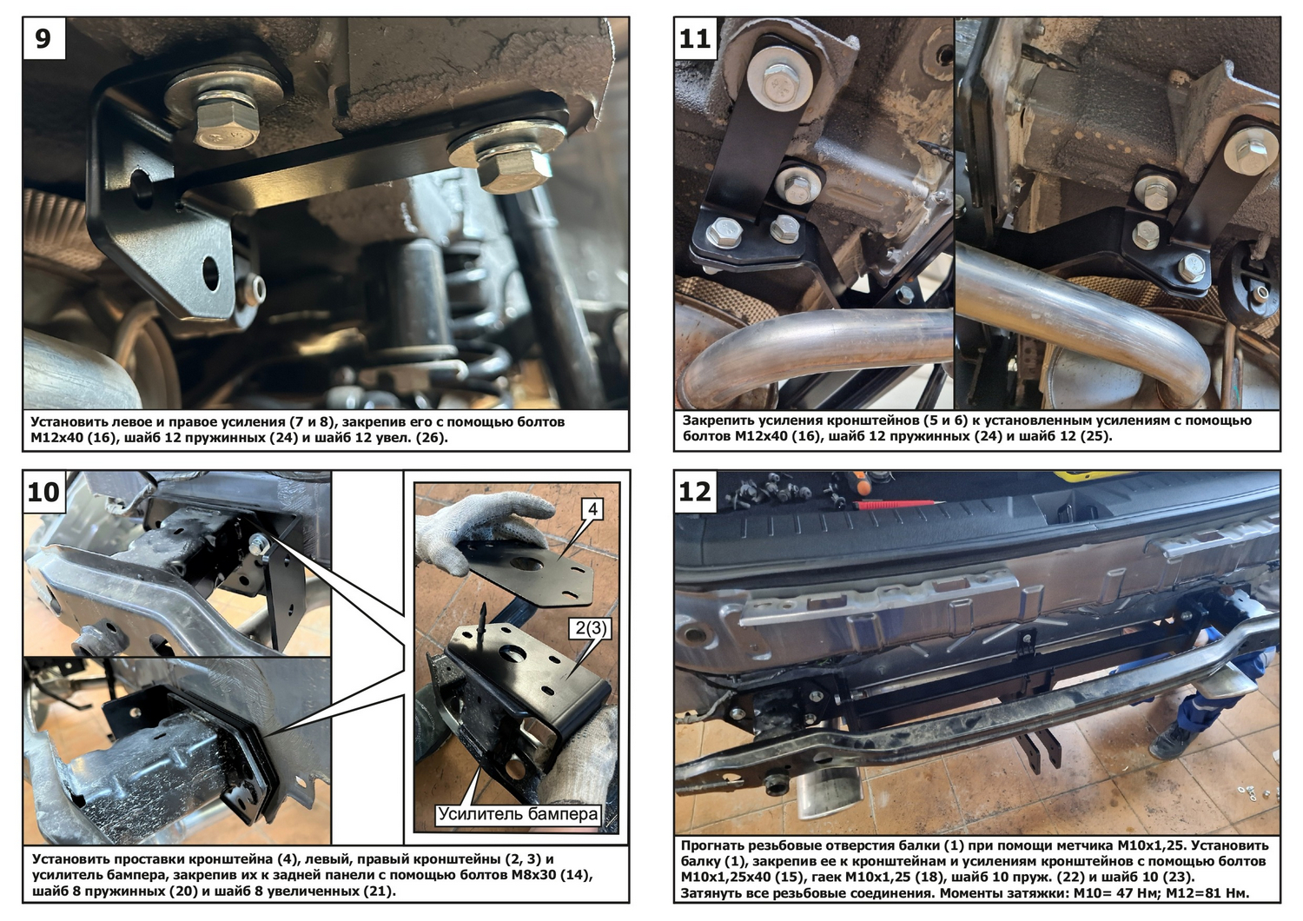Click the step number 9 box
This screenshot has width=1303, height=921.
(x=43, y=38)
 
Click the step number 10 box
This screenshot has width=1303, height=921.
(x=43, y=492)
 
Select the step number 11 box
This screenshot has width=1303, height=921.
(x=695, y=38)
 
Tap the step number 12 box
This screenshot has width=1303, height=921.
(x=695, y=492)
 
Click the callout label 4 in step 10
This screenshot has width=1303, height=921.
(x=592, y=510)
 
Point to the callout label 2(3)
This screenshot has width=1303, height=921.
(x=591, y=628)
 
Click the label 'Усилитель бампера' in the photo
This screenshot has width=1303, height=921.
(x=518, y=813)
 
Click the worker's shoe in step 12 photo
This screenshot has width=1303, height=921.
(x=1170, y=743)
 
